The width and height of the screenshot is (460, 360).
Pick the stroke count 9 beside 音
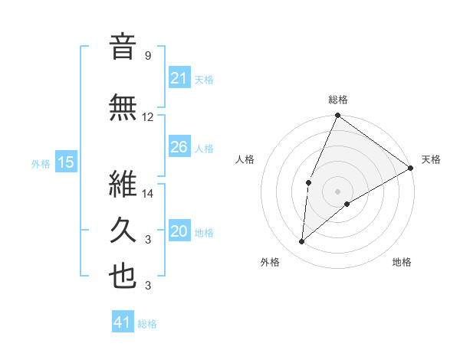tap(147, 56)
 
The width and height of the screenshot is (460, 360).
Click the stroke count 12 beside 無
tap(148, 117)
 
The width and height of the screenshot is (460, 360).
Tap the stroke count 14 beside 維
tap(148, 194)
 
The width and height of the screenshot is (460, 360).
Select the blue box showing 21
tap(179, 78)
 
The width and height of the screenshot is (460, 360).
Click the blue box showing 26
tap(179, 147)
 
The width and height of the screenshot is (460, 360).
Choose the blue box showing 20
tap(179, 231)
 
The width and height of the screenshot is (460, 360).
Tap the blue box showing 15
tap(66, 162)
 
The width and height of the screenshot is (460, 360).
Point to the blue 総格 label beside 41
tap(147, 324)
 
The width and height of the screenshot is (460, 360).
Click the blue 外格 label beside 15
tap(41, 163)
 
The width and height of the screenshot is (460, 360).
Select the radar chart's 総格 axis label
tap(337, 100)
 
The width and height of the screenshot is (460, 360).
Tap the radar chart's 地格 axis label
tap(402, 263)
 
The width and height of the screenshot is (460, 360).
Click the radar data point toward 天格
tap(411, 168)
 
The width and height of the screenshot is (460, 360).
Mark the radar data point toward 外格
tap(302, 242)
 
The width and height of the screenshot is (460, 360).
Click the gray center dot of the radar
tap(337, 191)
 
